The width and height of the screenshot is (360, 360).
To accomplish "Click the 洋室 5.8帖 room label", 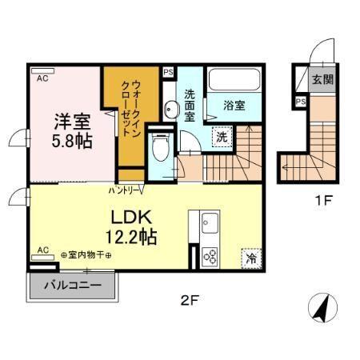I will click(71, 130).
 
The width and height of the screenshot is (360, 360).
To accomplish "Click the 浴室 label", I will click(234, 103).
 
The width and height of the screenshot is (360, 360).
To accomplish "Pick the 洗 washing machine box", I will click(223, 137).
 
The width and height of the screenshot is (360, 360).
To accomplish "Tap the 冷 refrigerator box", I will click(251, 258).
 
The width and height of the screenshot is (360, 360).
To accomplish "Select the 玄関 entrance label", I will click(322, 79).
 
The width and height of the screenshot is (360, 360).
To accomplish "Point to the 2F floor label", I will click(189, 302).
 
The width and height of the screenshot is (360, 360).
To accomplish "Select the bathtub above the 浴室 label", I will click(234, 81).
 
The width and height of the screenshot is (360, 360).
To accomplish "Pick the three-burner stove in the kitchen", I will click(211, 256).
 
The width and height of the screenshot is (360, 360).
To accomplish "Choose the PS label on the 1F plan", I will click(301, 102).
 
